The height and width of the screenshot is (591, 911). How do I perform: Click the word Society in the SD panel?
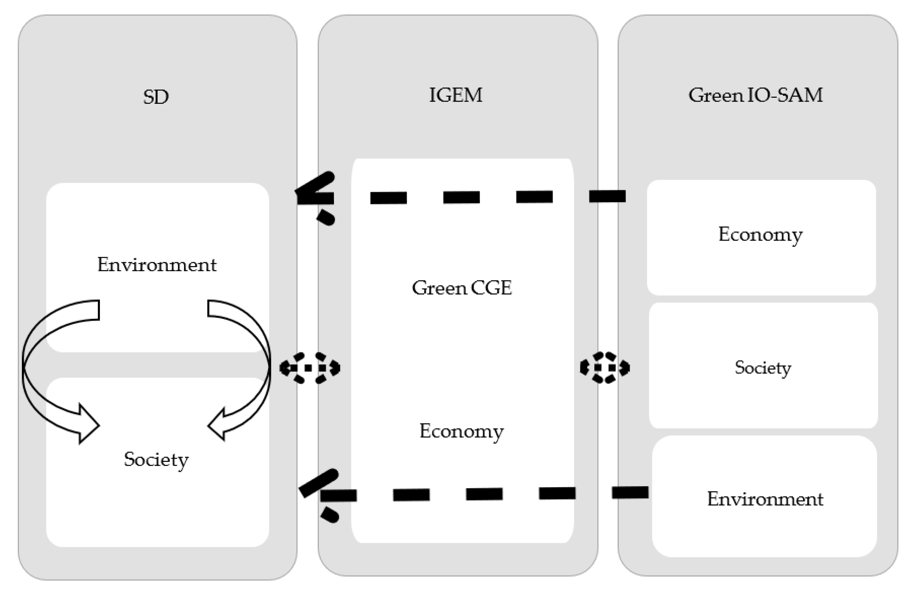tap(156, 459)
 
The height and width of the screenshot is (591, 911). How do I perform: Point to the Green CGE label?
tap(462, 288)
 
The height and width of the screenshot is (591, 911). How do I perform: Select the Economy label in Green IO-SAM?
tap(760, 234)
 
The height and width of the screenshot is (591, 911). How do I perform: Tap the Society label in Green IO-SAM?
tap(762, 367)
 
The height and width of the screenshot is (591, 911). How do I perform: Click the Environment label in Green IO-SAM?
tap(765, 499)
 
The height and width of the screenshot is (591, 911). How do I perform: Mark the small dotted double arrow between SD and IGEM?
tap(309, 368)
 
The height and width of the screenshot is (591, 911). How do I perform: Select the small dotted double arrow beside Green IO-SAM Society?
tap(604, 368)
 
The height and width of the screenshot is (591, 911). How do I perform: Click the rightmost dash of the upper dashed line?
tap(607, 196)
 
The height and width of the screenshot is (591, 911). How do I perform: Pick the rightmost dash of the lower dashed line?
tap(630, 492)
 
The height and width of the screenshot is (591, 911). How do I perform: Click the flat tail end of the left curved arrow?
tap(99, 310)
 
